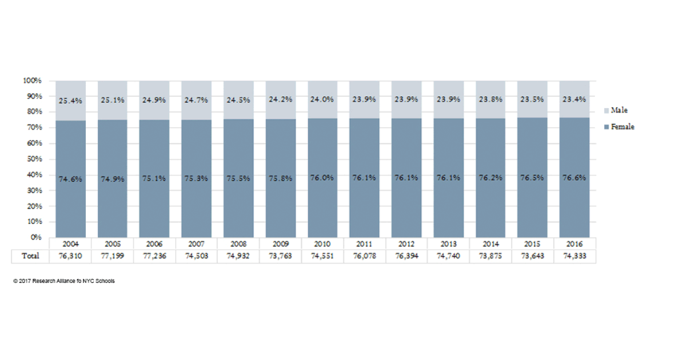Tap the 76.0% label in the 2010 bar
pyautogui.click(x=322, y=178)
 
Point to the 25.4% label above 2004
pyautogui.click(x=71, y=101)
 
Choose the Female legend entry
pyautogui.click(x=621, y=127)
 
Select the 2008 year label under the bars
pyautogui.click(x=238, y=244)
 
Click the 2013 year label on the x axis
pyautogui.click(x=448, y=244)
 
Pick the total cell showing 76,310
pyautogui.click(x=71, y=256)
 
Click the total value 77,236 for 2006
pyautogui.click(x=154, y=256)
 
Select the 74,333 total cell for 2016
pyautogui.click(x=575, y=256)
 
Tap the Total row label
pyautogui.click(x=30, y=256)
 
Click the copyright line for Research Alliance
pyautogui.click(x=64, y=281)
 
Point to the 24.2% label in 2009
pyautogui.click(x=281, y=99)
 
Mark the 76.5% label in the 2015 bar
pyautogui.click(x=532, y=178)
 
